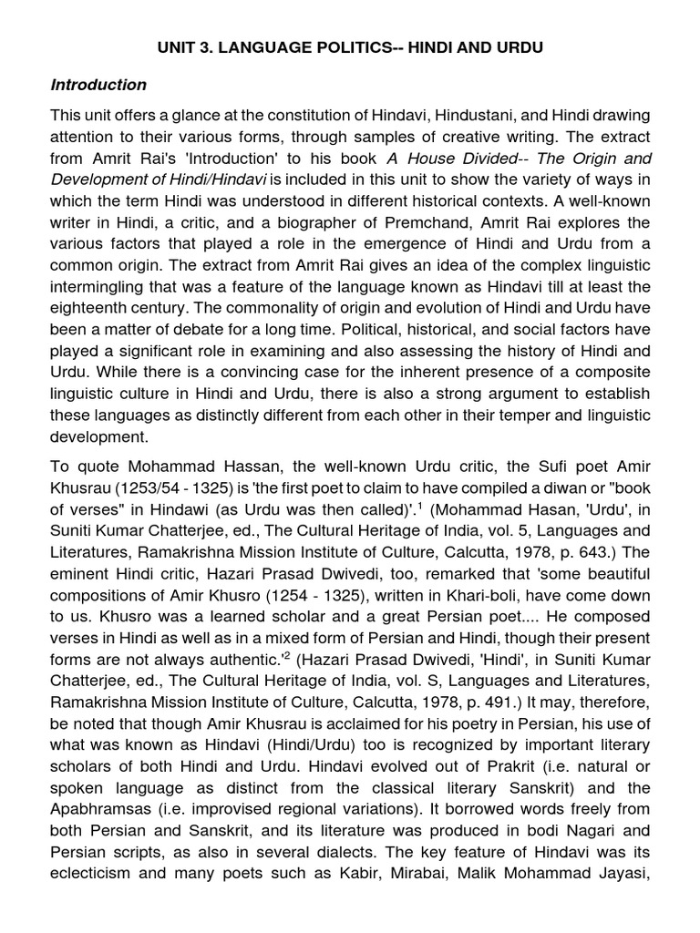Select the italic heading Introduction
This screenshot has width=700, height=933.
(98, 85)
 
